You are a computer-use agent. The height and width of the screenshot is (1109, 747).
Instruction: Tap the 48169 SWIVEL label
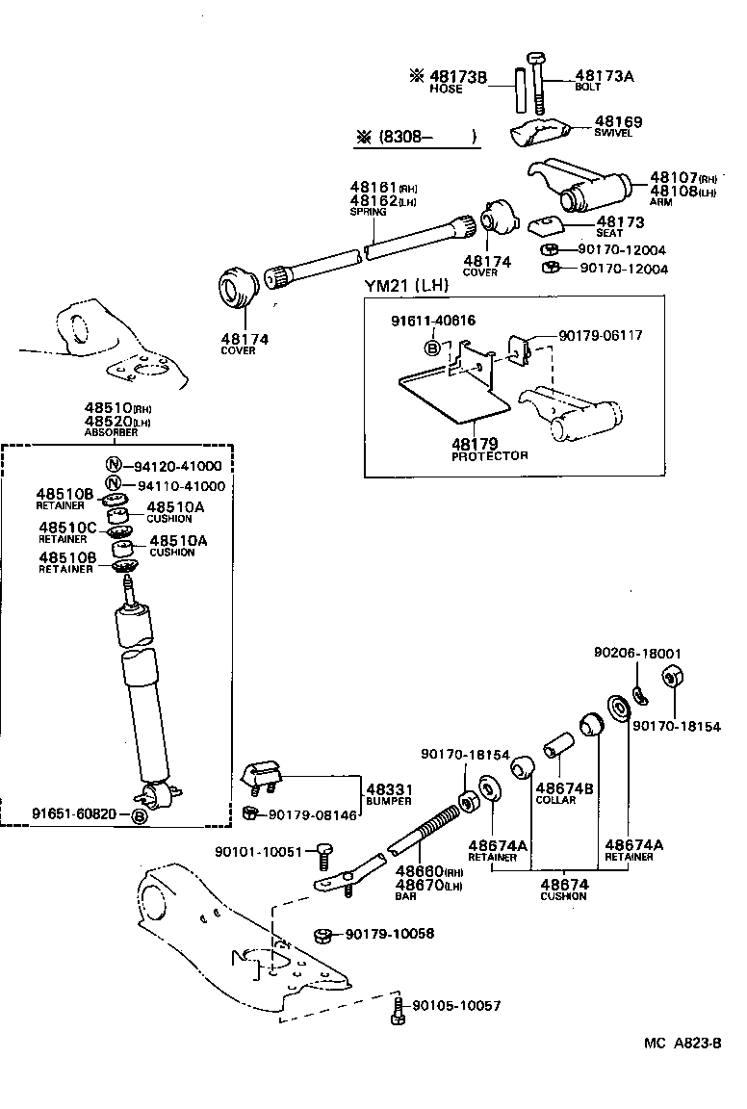coord(617,126)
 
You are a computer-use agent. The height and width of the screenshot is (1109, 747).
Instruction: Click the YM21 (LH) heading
coord(406,285)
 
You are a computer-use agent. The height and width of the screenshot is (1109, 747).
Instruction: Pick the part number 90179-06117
coord(600,335)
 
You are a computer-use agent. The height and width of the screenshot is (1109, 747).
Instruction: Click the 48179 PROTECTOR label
coord(489,449)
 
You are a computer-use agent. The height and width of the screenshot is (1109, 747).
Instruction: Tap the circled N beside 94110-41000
coord(113,485)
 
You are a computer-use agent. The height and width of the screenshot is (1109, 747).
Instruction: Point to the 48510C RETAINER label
coord(67,531)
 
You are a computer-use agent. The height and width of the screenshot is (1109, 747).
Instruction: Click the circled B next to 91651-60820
coord(140,815)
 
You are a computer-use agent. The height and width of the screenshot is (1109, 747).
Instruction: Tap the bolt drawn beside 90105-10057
coord(397,1008)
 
